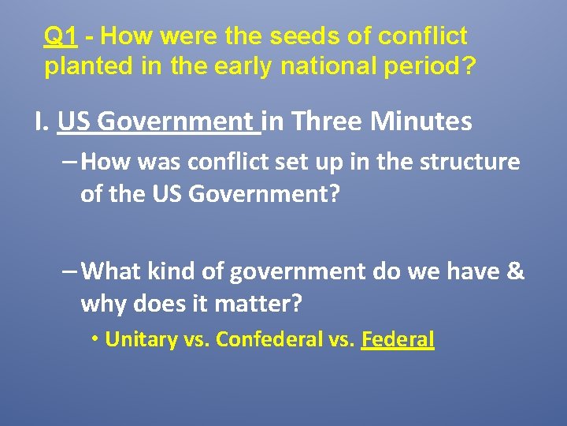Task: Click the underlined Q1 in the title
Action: (x=60, y=36)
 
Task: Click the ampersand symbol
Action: (x=516, y=271)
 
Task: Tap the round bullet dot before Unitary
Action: (x=94, y=339)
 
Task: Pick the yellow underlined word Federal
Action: (x=398, y=340)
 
